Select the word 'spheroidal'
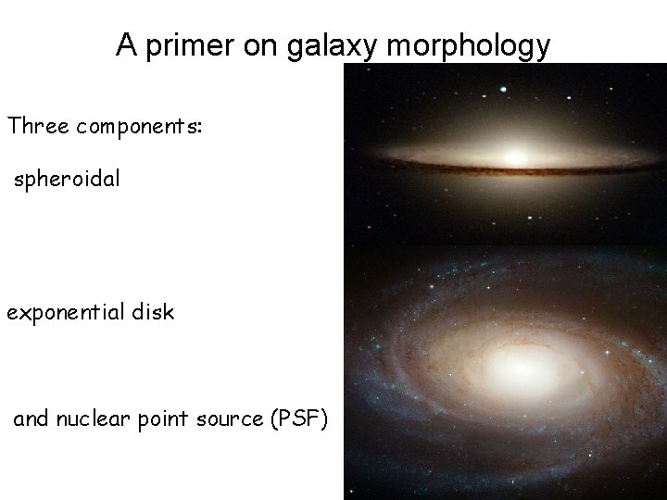coord(67,180)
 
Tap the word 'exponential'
coord(65,313)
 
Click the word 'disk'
coord(152,312)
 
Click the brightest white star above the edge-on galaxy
coord(504,91)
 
